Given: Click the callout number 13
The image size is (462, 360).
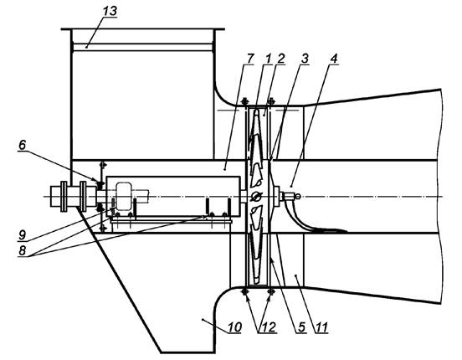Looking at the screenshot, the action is click(110, 11).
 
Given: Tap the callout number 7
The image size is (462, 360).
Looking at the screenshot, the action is click(249, 59).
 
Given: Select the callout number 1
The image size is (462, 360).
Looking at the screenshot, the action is click(268, 59).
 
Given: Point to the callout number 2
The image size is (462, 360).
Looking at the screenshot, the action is click(280, 59).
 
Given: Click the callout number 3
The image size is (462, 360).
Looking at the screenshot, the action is click(305, 59).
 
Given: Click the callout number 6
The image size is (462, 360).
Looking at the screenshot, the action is click(23, 145).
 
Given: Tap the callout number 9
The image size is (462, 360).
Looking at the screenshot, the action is click(23, 235).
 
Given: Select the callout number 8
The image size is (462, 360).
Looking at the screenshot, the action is click(23, 250).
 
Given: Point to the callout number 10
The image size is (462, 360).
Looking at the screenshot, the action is click(235, 327).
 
